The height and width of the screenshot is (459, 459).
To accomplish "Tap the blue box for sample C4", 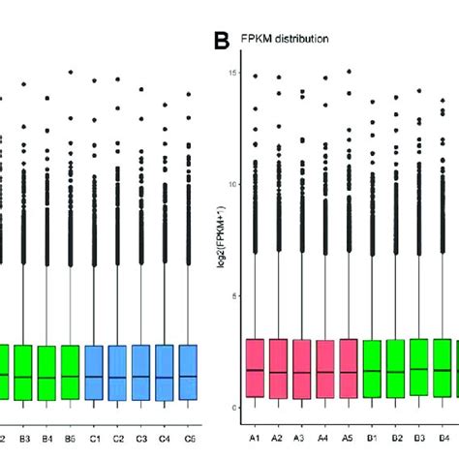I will pos(165,372).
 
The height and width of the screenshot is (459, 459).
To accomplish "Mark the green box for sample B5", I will pos(70,372).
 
